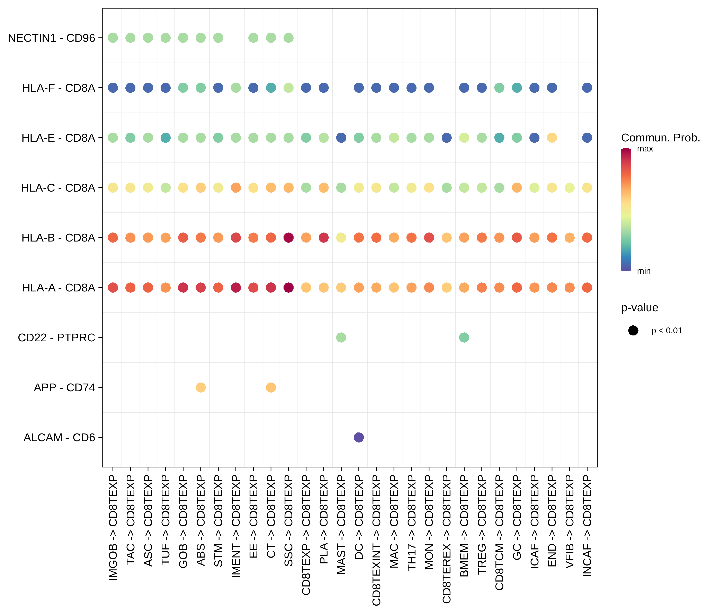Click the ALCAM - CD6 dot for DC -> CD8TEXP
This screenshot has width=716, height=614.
pyautogui.click(x=359, y=437)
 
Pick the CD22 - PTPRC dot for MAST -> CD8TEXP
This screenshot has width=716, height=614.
pyautogui.click(x=341, y=337)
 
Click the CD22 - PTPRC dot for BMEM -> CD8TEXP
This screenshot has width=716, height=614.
pyautogui.click(x=464, y=337)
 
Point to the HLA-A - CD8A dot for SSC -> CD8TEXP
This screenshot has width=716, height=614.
pyautogui.click(x=288, y=287)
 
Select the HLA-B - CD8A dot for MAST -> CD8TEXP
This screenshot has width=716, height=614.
pyautogui.click(x=341, y=237)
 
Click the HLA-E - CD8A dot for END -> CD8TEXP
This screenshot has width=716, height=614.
pyautogui.click(x=552, y=138)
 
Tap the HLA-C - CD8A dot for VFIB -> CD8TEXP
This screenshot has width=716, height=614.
pyautogui.click(x=570, y=188)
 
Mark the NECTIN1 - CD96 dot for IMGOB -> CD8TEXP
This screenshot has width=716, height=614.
pyautogui.click(x=113, y=38)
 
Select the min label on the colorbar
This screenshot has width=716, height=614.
pyautogui.click(x=643, y=271)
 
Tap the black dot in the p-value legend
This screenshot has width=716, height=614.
pyautogui.click(x=633, y=331)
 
